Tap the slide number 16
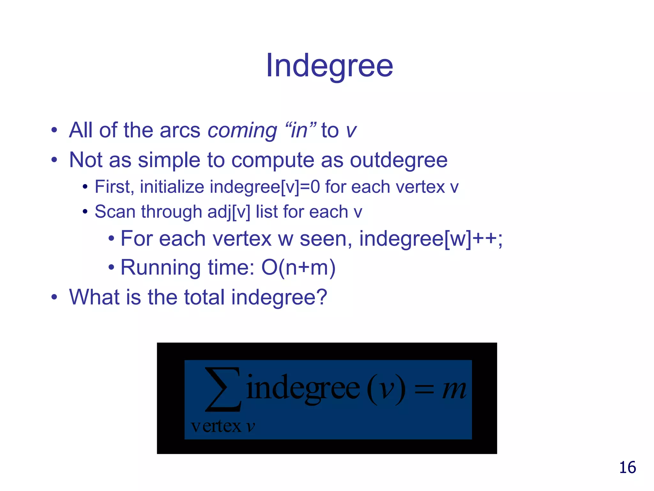(x=627, y=468)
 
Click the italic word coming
(x=242, y=131)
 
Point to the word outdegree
(x=399, y=160)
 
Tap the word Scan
(x=116, y=212)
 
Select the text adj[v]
(x=229, y=212)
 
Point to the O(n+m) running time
(x=298, y=268)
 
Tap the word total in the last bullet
(x=204, y=297)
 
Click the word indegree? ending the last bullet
(x=279, y=297)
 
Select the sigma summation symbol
(x=223, y=389)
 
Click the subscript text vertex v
(x=223, y=426)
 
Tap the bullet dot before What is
(x=54, y=297)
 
